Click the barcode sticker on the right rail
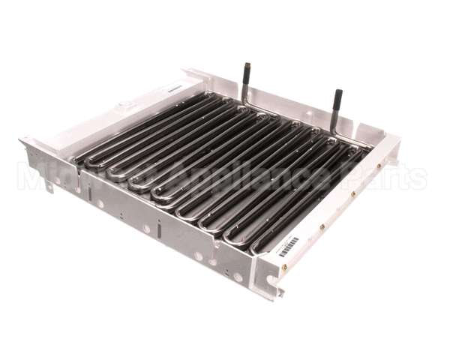point(289,247)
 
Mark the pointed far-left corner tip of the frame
point(21,139)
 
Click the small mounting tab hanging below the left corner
point(48,185)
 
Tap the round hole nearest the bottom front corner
point(238,277)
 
